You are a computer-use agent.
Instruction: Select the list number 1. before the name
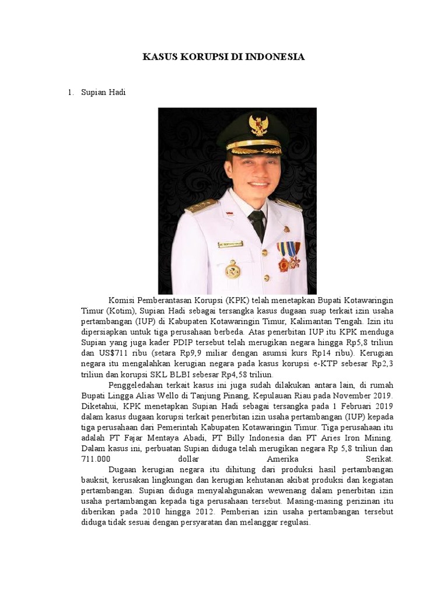[x=71, y=93]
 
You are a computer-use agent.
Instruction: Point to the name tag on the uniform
[x=230, y=244]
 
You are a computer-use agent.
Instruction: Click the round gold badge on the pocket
[x=233, y=269]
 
